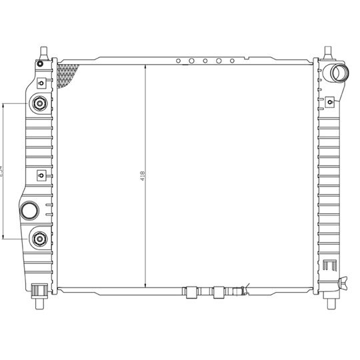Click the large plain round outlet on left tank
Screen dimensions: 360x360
[x=30, y=211]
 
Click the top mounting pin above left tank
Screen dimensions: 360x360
[x=43, y=53]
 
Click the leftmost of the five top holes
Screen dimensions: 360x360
[x=178, y=61]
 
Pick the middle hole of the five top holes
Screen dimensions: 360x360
[x=205, y=61]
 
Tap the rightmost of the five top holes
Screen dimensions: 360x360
[x=232, y=61]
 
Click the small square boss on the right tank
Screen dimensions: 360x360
[x=329, y=101]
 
